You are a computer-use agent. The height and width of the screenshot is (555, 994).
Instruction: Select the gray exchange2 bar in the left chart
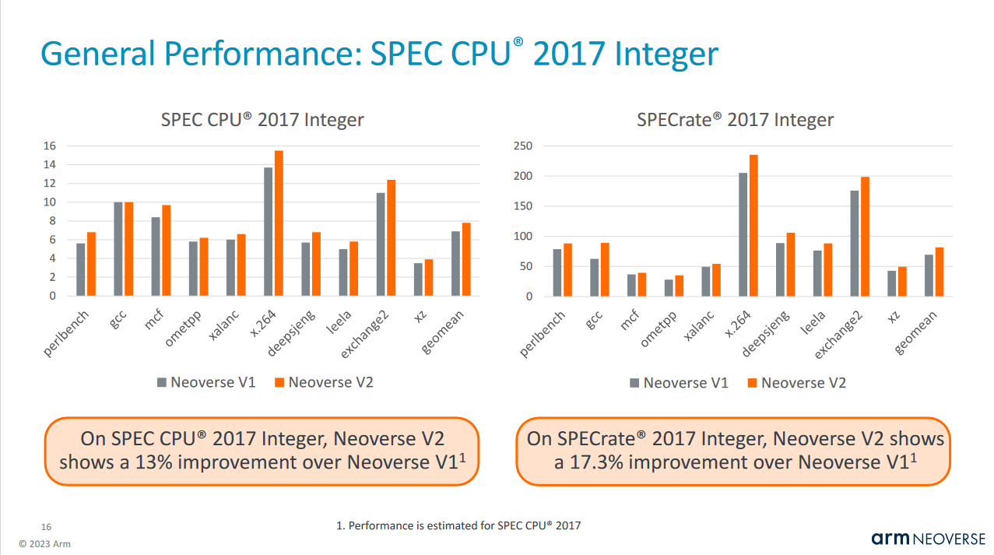(x=381, y=244)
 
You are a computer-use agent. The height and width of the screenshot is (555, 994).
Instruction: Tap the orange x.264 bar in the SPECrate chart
(x=753, y=226)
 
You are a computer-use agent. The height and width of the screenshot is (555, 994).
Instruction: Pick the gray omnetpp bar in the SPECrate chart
(x=669, y=288)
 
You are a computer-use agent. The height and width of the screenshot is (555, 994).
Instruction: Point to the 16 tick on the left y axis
(x=49, y=146)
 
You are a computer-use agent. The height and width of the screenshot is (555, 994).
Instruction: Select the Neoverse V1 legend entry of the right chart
(x=678, y=382)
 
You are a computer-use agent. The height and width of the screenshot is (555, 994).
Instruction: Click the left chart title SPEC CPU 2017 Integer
(x=262, y=120)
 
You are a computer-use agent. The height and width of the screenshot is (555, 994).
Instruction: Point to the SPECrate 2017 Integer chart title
(x=735, y=120)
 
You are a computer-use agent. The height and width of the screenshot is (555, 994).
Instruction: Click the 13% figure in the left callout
(x=161, y=462)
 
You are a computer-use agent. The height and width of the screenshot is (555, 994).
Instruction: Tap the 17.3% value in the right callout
(x=601, y=462)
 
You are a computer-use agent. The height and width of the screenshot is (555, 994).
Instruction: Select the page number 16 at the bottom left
(x=46, y=527)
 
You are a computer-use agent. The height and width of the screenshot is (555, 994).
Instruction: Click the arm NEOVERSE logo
(x=928, y=539)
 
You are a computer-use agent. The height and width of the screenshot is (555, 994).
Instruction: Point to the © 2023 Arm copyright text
(x=44, y=543)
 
